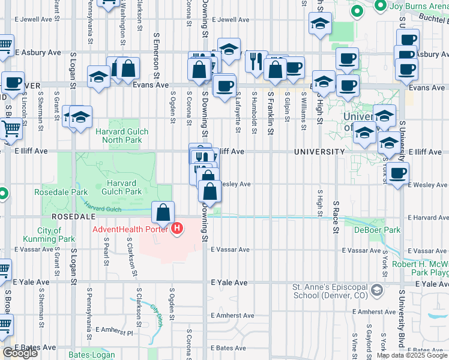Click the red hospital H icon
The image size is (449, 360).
[x=177, y=229]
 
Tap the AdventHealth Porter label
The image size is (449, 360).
[x=130, y=229]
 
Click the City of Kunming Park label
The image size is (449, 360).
[x=56, y=235]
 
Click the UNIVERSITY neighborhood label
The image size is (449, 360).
[x=319, y=152]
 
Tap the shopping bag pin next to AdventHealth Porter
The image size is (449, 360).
[x=163, y=213]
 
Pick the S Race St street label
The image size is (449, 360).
[x=336, y=218]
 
